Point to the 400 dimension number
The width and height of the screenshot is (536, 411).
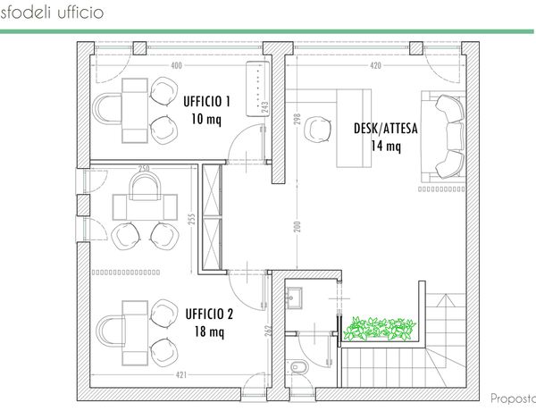point(176,65)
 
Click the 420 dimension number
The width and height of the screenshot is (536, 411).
point(375,65)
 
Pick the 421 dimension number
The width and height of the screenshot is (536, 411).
point(181,374)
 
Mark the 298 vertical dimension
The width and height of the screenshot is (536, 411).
point(297,119)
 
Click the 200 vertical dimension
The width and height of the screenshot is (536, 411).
point(297,226)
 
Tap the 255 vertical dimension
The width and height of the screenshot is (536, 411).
point(192,219)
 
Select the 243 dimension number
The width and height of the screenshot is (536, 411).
point(265,107)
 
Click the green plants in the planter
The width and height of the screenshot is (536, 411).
point(379,329)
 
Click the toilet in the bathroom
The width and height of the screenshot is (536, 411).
point(297,367)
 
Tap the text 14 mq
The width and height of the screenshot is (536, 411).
point(386,146)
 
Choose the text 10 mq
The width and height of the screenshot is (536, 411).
point(206,120)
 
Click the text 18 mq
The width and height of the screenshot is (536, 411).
point(209,331)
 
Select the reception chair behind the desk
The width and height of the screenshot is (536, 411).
point(317,129)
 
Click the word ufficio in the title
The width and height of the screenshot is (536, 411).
point(80,13)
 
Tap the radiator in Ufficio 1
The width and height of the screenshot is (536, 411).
point(258,88)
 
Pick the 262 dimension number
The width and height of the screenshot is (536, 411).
point(268,331)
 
